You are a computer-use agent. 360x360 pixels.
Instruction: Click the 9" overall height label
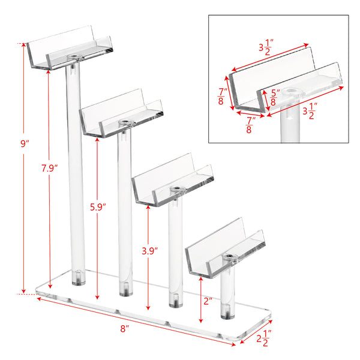coord(25,144)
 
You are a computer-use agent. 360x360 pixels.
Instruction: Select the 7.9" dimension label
coord(49,168)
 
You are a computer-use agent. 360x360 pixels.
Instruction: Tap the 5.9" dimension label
coord(98,207)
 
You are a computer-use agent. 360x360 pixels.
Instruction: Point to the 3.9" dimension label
coord(149,251)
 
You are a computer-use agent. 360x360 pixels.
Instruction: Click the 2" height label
coord(208,301)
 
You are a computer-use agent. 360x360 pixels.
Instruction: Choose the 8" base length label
coord(125,329)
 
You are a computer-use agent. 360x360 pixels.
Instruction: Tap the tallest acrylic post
coord(76,175)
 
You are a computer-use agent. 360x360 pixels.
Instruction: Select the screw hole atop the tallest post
coord(74,56)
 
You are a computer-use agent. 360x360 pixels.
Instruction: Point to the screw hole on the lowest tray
coord(229,256)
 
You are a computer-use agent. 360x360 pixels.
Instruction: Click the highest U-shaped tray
coord(70,48)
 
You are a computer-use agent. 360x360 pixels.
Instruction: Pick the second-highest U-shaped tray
coord(121,113)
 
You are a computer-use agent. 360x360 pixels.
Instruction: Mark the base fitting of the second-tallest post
coord(126,291)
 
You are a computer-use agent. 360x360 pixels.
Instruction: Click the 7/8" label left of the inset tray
coord(222,96)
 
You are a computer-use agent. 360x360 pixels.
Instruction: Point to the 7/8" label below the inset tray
coord(250,125)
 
